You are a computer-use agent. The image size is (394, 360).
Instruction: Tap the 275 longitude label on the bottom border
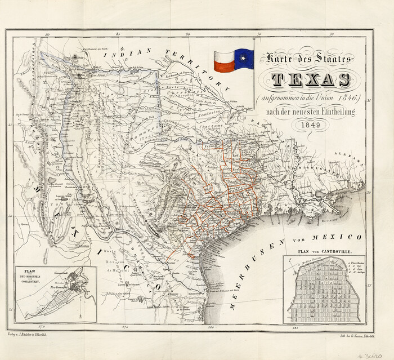(124, 326)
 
